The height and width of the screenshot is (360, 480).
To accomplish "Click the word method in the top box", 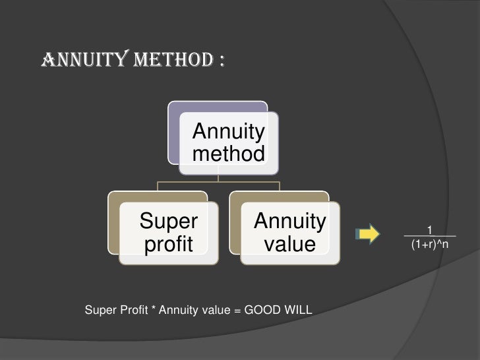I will (x=228, y=154).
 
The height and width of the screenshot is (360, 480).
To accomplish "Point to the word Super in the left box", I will (x=168, y=222).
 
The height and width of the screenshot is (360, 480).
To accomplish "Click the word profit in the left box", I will (x=168, y=244).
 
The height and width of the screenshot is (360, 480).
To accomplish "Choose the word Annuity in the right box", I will (x=289, y=222).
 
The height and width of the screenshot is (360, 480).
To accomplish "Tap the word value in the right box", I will (x=289, y=244).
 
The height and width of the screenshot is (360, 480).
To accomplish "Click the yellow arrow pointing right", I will (x=367, y=233).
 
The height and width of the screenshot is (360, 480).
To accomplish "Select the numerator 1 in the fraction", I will (x=429, y=229).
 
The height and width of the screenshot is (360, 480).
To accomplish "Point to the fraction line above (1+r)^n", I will (x=429, y=236).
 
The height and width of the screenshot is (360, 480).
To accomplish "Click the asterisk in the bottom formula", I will (x=153, y=309).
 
